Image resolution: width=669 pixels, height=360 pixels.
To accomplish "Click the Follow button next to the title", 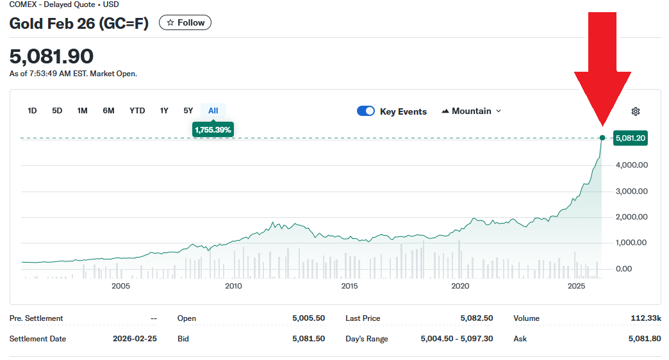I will point(185,23).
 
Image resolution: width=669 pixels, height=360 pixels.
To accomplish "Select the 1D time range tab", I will point(32,111).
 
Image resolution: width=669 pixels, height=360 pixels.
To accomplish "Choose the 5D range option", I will point(57,111).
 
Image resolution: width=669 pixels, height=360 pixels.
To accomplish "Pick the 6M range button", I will point(108,111).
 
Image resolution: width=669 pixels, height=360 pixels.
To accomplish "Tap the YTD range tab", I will point(137,111).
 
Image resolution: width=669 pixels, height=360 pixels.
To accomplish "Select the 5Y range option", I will point(188,111).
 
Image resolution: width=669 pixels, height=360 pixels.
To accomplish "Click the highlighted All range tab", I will point(213,111).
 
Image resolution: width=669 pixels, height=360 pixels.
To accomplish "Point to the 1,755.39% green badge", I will point(213,130).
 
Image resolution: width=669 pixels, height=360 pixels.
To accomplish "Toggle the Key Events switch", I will point(366,111).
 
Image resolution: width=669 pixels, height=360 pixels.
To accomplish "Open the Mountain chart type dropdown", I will point(472,111).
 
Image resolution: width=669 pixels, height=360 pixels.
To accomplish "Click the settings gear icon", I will point(636,111).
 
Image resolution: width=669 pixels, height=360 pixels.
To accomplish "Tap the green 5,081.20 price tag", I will point(630,138).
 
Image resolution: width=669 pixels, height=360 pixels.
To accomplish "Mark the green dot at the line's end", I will point(602,138).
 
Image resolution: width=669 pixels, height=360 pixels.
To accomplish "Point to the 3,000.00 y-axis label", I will point(631,191).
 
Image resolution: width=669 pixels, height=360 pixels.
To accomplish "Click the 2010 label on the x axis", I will point(233,286).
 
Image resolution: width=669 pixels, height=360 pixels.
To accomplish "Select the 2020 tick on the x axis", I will point(460,286).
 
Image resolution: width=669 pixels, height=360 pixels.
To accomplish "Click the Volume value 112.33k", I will point(645,318).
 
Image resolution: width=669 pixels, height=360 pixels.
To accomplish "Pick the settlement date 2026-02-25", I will point(135,339).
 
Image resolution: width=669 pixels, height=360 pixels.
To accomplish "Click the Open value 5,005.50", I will point(308,318).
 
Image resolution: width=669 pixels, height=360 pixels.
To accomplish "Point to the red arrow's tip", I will point(602,126).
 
